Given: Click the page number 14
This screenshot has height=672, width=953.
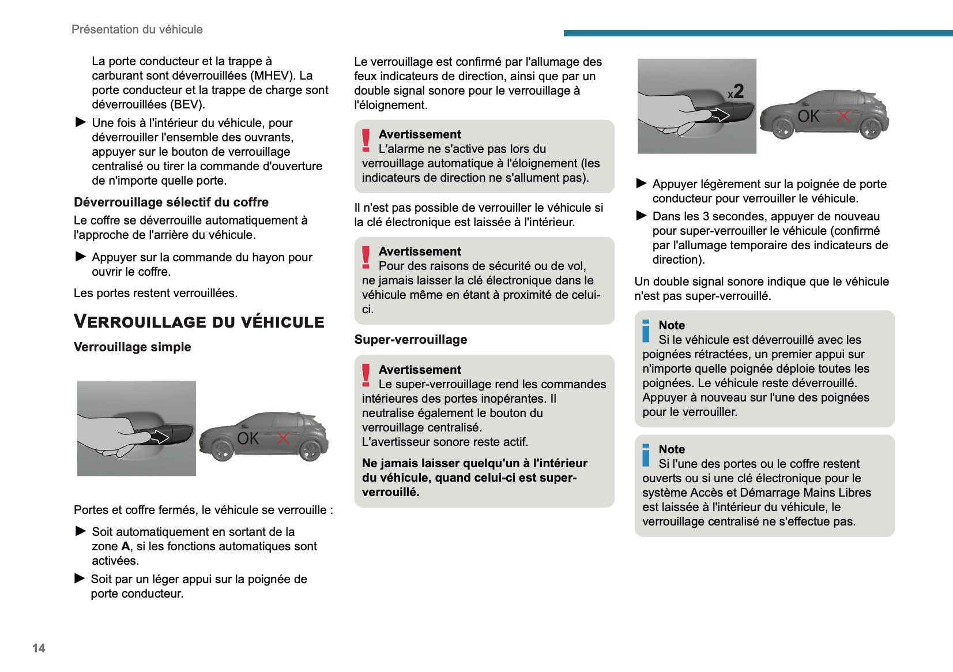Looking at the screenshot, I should coord(39,648).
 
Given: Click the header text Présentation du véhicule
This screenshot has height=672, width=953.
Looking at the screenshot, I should coord(137,29).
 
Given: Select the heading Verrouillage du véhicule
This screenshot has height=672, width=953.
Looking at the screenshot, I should coord(199,321).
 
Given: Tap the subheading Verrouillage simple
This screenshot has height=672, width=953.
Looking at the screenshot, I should coord(133,347).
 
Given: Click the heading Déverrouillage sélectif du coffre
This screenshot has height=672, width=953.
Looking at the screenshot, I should coord(171,202).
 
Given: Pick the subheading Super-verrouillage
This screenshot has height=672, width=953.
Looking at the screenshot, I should coord(410,339).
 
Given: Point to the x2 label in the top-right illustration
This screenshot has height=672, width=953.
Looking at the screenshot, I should coord(736,92).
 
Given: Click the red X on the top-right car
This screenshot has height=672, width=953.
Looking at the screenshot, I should coord(843,116).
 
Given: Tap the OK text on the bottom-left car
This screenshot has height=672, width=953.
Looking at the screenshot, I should coord(248,438).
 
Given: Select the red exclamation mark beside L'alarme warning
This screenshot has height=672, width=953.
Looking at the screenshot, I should coord(366,141).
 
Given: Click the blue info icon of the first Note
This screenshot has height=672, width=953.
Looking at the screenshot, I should coord(646,331).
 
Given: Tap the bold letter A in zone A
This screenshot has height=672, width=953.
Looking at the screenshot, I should coord(126,546).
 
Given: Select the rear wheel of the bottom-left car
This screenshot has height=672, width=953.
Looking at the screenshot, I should coord(310,450).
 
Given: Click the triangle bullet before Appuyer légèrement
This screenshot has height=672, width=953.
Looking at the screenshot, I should coord(641,183).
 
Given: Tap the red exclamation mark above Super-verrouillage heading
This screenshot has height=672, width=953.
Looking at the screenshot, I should coord(366,258).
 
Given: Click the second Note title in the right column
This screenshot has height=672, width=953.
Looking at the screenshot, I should coord(672,449).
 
